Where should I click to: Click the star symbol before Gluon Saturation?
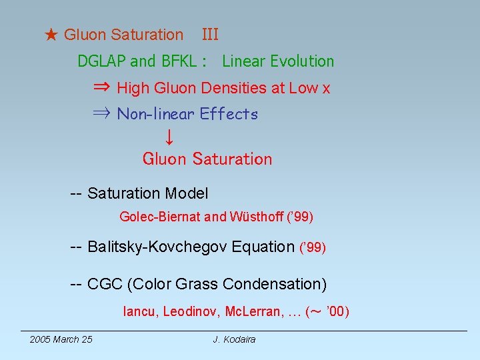point(51,35)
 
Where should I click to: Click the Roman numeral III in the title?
point(210,35)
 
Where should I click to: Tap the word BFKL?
point(179,61)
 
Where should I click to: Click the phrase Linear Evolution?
point(278,61)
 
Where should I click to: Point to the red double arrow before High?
point(102,87)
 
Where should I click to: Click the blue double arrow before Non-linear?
point(102,114)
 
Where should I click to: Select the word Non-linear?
point(155,114)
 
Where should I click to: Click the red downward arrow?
point(169,137)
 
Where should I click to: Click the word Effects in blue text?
point(229,114)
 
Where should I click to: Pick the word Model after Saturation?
point(187,194)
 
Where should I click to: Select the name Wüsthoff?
point(255,217)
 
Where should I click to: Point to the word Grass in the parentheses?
point(197,284)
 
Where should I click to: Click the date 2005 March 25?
point(61,339)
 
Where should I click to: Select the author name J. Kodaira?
point(234,339)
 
